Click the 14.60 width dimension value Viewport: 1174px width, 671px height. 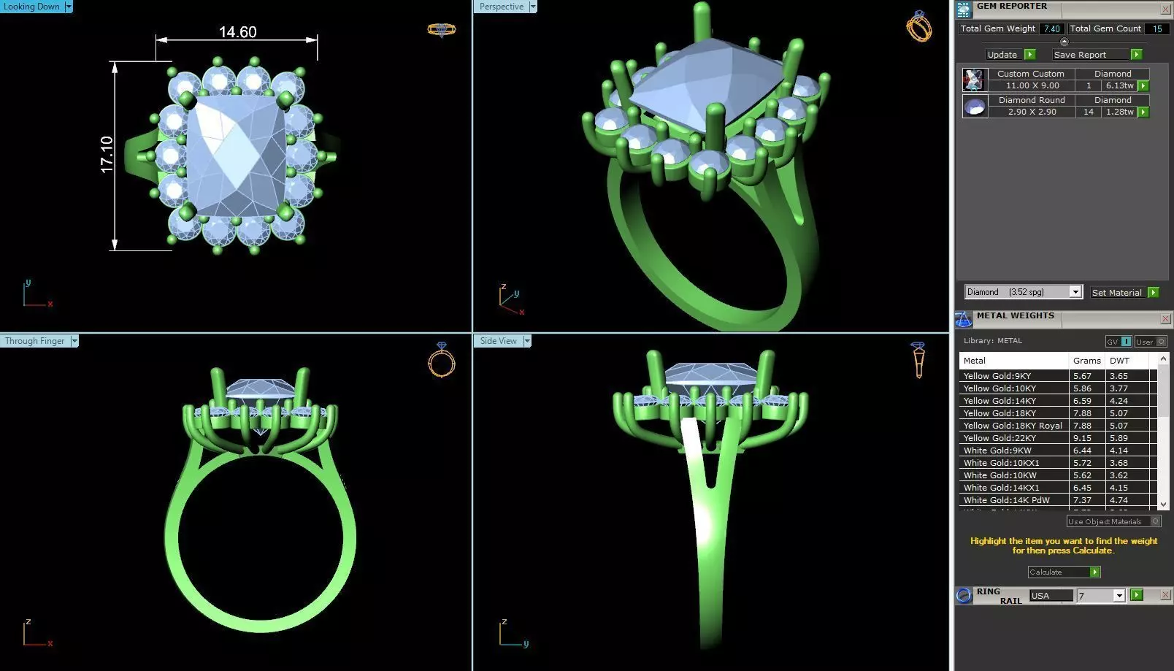[x=237, y=32]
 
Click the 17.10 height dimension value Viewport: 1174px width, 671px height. [x=107, y=155]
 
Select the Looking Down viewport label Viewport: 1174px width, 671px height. [x=32, y=7]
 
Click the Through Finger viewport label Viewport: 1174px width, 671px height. [x=35, y=341]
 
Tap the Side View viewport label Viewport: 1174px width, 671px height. [x=499, y=341]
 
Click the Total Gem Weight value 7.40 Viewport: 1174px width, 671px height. [x=1051, y=28]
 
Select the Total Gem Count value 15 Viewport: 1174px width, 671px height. [x=1157, y=28]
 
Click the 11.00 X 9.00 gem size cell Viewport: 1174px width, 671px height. [x=1032, y=85]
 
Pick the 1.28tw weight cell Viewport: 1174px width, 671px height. [x=1119, y=112]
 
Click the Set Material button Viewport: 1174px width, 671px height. [x=1117, y=292]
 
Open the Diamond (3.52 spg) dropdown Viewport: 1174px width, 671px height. [x=1075, y=292]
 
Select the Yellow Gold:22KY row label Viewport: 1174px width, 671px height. [x=1000, y=438]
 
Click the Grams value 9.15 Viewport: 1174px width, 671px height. [x=1082, y=438]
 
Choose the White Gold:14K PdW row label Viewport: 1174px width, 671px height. [x=1006, y=500]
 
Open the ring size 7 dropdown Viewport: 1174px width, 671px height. [x=1119, y=596]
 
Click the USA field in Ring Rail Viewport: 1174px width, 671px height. [x=1050, y=596]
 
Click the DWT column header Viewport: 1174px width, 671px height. [x=1119, y=361]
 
